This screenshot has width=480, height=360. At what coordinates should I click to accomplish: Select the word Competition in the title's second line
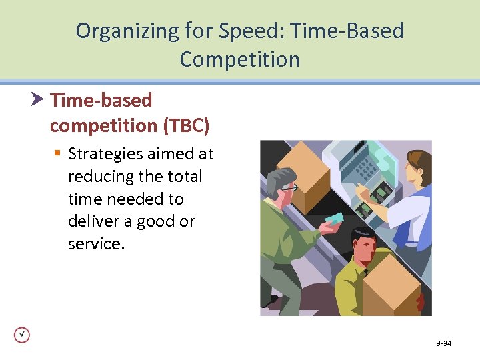tap(239, 59)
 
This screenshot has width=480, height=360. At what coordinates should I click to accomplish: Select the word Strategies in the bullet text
tap(105, 154)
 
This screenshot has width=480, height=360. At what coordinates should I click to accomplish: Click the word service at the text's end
tap(95, 244)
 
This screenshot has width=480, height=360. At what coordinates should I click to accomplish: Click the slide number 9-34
tap(443, 343)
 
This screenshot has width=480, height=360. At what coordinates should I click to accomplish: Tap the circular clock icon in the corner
tap(22, 335)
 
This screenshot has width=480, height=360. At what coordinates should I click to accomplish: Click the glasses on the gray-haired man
tap(289, 188)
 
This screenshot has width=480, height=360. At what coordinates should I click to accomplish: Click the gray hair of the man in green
tap(278, 177)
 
